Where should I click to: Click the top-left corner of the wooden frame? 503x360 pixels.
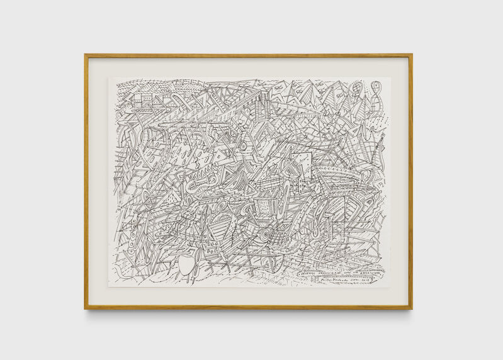tap(86, 55)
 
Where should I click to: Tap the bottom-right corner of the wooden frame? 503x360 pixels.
tap(412, 308)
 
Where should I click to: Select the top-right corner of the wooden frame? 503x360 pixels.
tap(412, 55)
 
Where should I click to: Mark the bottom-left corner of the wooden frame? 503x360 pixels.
tap(86, 308)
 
